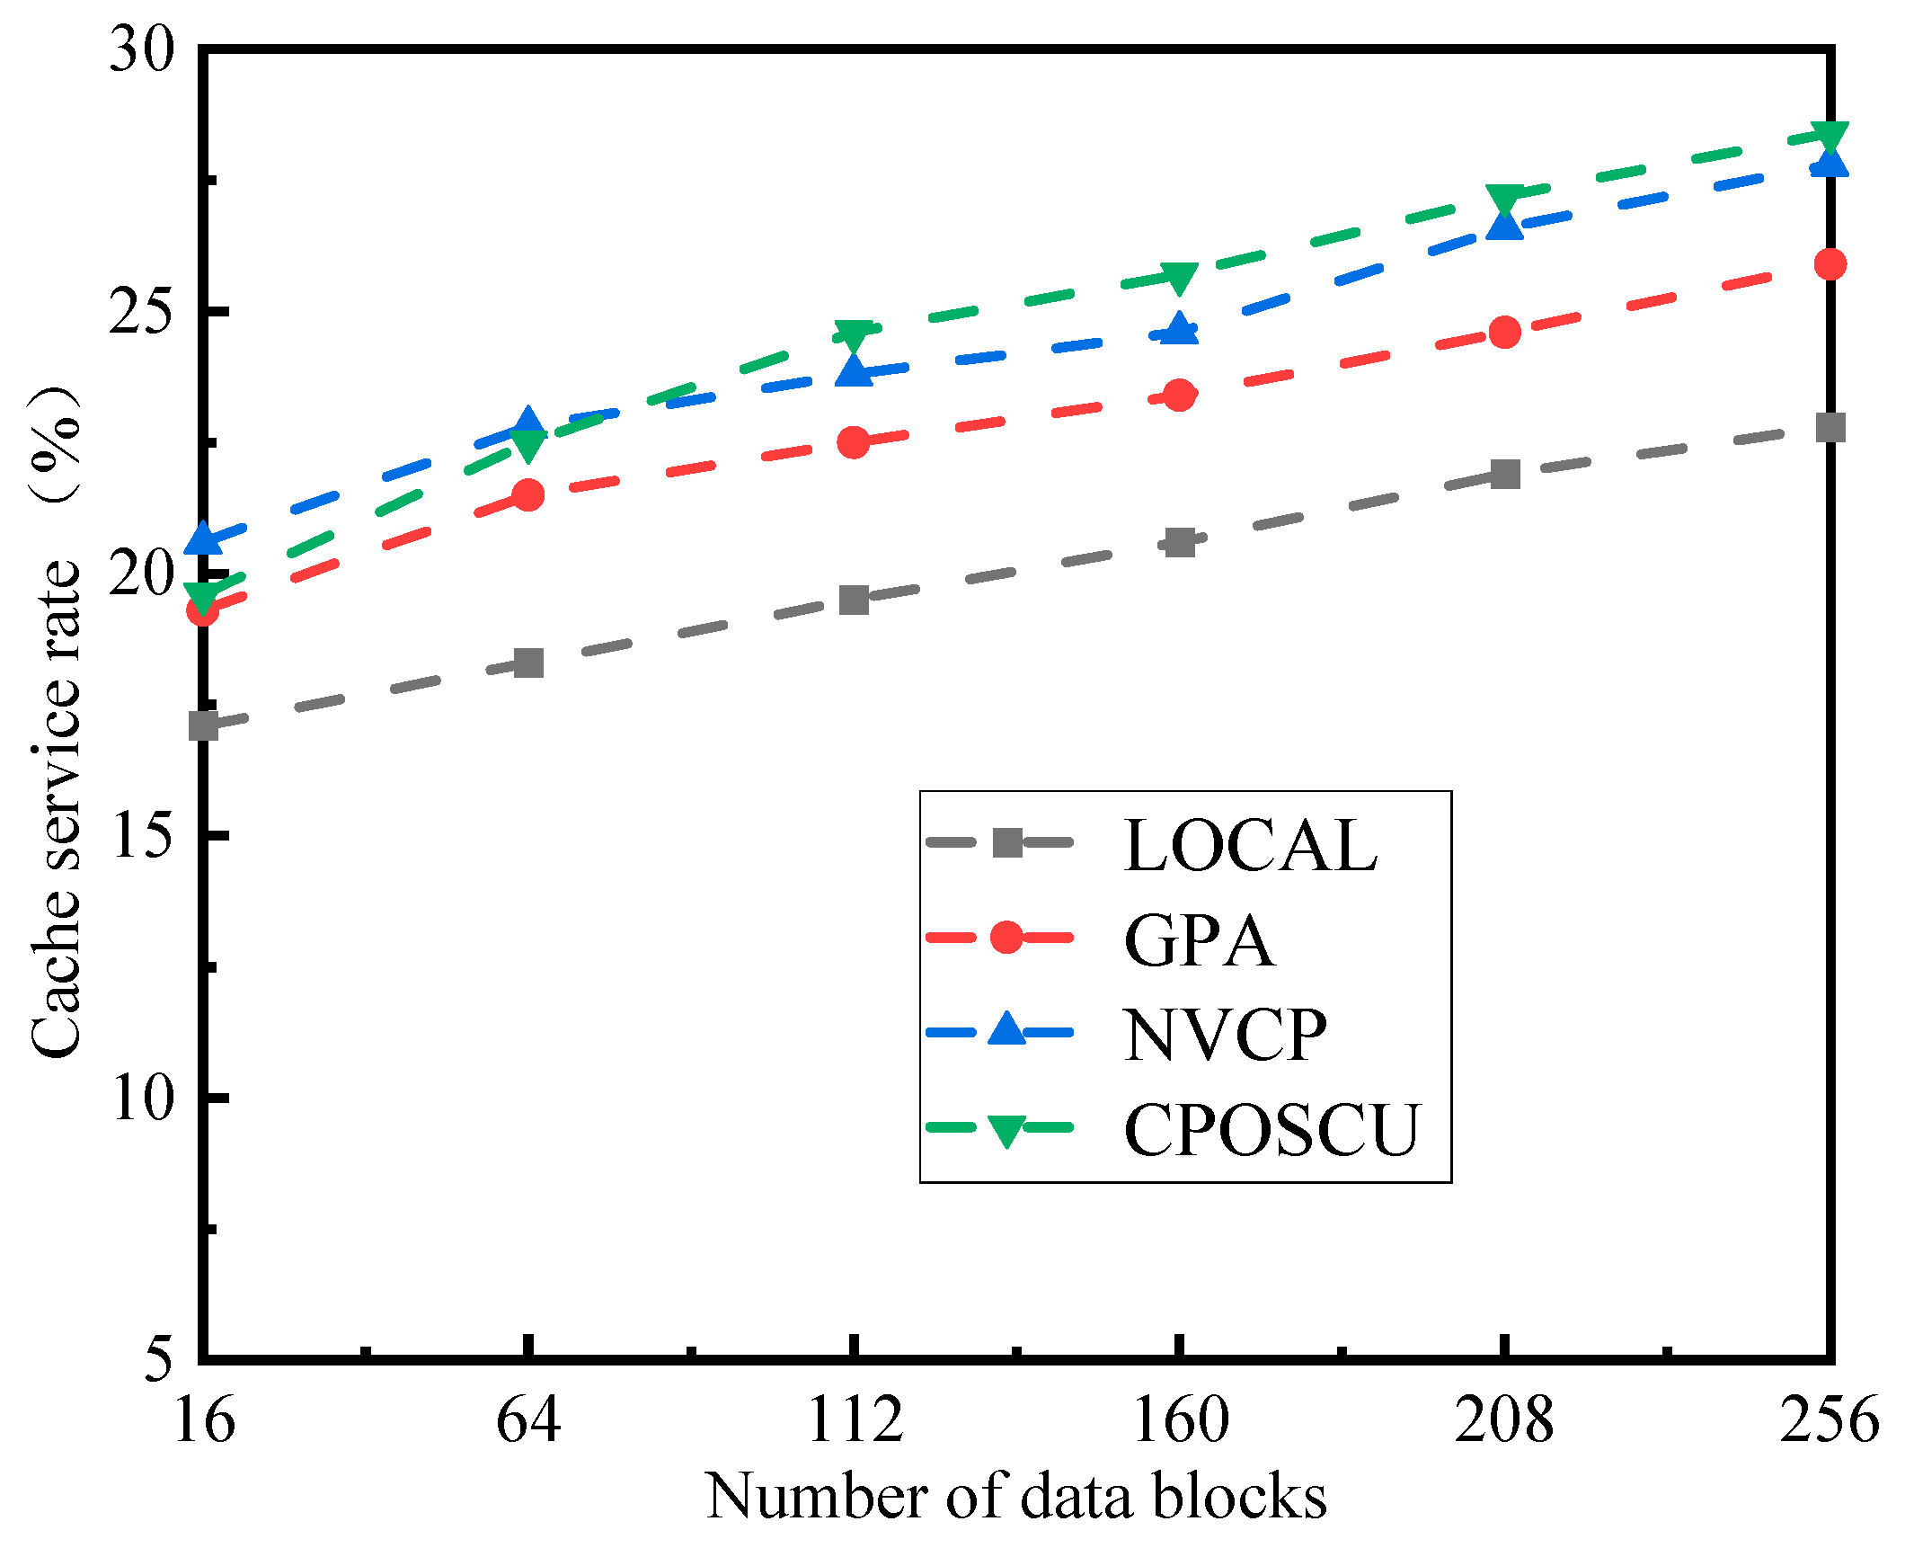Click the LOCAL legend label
1250,846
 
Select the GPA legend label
1199,940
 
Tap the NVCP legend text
1224,1035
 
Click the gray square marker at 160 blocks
1180,542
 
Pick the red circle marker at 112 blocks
854,442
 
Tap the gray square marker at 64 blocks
528,663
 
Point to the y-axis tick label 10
142,1098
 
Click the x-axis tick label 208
1504,1420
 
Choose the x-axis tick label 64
528,1420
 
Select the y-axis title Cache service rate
56,719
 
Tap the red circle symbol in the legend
1006,938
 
